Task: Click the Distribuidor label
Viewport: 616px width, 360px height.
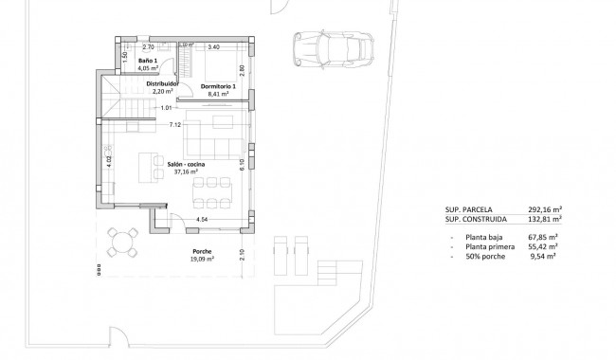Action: pyautogui.click(x=162, y=83)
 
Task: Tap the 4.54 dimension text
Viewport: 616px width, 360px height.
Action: pyautogui.click(x=201, y=220)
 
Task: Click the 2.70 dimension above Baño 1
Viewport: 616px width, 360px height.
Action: pyautogui.click(x=147, y=46)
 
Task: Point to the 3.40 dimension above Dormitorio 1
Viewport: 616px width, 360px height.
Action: pyautogui.click(x=213, y=46)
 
